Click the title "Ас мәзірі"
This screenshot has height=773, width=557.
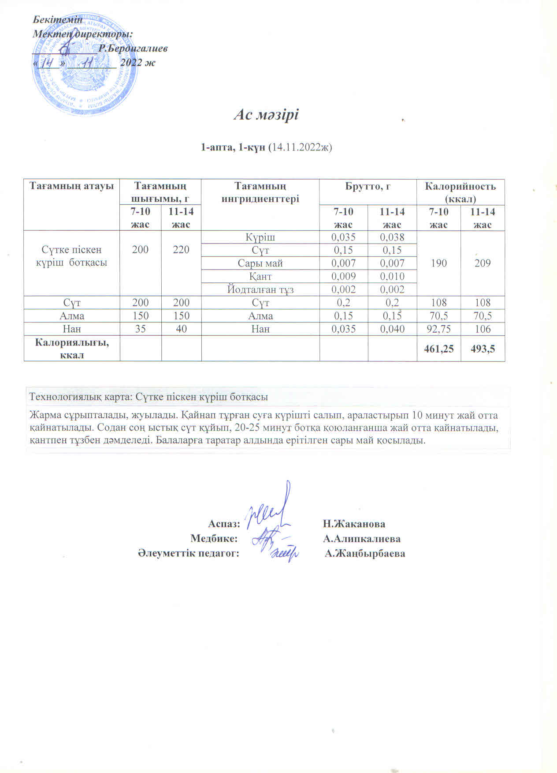click(266, 115)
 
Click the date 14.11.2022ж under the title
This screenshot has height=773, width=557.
click(300, 147)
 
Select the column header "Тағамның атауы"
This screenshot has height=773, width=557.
click(72, 186)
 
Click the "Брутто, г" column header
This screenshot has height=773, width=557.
click(368, 186)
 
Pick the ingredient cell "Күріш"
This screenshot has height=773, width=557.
click(260, 237)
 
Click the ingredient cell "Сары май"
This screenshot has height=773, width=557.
click(260, 263)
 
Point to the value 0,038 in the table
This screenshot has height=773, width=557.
click(392, 237)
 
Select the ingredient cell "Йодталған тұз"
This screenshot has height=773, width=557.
click(260, 289)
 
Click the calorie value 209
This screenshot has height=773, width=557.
click(483, 263)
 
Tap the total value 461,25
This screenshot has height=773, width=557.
click(438, 349)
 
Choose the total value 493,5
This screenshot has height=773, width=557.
click(483, 349)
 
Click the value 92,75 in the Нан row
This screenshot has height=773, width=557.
click(438, 329)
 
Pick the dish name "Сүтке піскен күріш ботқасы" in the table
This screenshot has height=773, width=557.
click(72, 256)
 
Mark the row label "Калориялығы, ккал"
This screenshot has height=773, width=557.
click(72, 349)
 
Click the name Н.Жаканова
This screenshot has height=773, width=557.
click(354, 524)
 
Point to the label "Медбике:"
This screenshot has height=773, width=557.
click(214, 538)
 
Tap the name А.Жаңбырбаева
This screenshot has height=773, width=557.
click(365, 553)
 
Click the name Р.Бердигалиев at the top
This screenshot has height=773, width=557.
click(133, 48)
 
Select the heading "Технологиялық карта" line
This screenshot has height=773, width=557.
click(148, 397)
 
